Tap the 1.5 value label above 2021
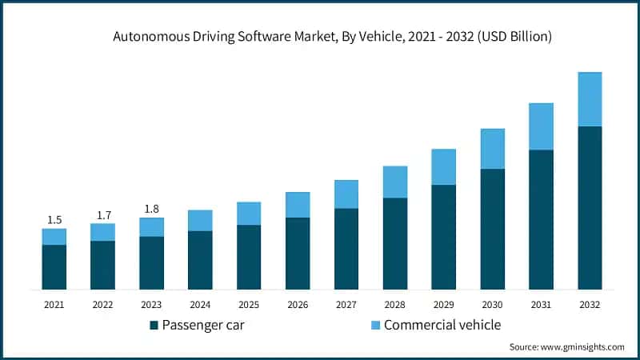(x=54, y=220)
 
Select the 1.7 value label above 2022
(x=102, y=214)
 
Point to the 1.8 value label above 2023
(x=151, y=209)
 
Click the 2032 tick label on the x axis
(x=590, y=305)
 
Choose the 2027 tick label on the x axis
(x=346, y=305)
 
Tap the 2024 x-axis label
(x=200, y=305)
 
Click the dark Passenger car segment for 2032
(x=590, y=208)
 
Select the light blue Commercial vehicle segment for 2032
(x=590, y=99)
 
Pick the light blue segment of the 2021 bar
(x=54, y=237)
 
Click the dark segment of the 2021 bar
(x=54, y=267)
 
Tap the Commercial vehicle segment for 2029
(x=443, y=167)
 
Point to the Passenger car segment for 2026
(x=298, y=254)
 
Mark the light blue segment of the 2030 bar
(x=492, y=149)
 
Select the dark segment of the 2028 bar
(x=394, y=243)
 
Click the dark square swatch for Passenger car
(x=154, y=326)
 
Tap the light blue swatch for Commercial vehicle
(x=375, y=326)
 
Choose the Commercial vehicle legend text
(x=442, y=325)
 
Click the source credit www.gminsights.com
(x=566, y=347)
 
